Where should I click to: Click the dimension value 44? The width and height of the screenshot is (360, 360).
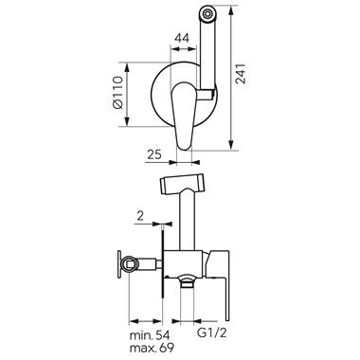click(182, 39)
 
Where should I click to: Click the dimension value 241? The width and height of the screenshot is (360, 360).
click(241, 74)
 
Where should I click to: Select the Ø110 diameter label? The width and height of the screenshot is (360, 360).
click(117, 93)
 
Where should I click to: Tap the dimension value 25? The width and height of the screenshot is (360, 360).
click(154, 154)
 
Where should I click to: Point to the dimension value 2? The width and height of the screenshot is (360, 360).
click(140, 216)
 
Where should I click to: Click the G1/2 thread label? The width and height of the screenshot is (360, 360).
click(212, 333)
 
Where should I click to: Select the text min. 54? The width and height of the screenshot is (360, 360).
click(150, 335)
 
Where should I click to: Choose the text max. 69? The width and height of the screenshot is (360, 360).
click(152, 349)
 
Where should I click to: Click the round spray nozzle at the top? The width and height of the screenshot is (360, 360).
click(207, 13)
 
